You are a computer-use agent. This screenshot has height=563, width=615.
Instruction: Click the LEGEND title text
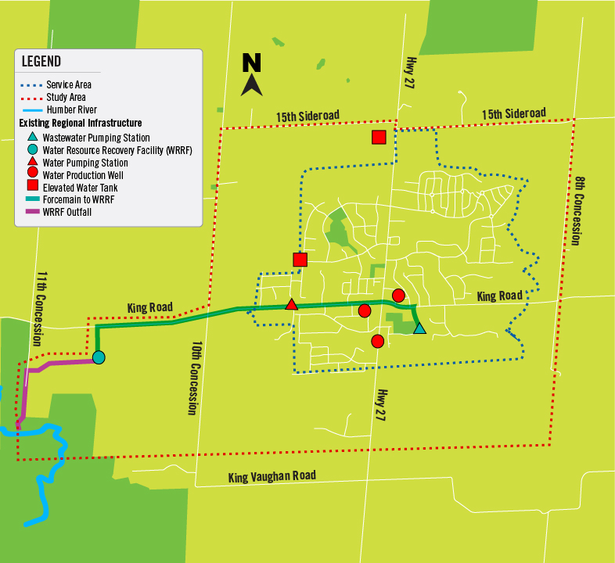[x=41, y=62]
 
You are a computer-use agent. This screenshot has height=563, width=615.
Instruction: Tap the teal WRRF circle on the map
[x=99, y=357]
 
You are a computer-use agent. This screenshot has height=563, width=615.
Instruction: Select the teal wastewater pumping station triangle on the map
[x=419, y=328]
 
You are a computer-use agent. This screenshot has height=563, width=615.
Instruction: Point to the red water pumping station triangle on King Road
[x=291, y=304]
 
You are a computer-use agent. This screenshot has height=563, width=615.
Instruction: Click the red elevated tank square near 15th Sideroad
[x=379, y=138]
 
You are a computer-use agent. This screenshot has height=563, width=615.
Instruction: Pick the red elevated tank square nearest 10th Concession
[x=300, y=260]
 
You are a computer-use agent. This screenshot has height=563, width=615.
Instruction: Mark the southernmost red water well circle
[x=378, y=341]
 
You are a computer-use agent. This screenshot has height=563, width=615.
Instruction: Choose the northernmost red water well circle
[x=398, y=295]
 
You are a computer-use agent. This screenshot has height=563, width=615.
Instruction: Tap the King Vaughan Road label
[x=272, y=476]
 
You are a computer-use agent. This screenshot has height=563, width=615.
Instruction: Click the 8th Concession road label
[x=578, y=211]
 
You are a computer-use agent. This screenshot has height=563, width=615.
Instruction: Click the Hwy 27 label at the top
[x=409, y=74]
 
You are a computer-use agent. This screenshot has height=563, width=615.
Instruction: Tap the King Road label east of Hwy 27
[x=499, y=296]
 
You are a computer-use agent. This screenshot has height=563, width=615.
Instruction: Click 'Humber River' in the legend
[x=71, y=110]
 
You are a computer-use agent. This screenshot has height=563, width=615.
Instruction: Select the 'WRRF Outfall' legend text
[x=73, y=211]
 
